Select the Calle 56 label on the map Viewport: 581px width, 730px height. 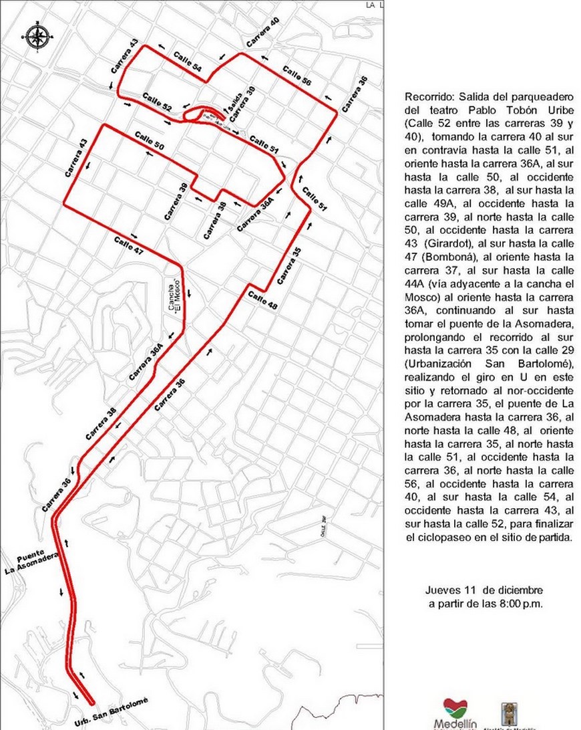(x=297, y=76)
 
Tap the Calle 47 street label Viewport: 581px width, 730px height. (x=128, y=245)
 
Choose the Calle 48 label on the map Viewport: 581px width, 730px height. (x=263, y=298)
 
